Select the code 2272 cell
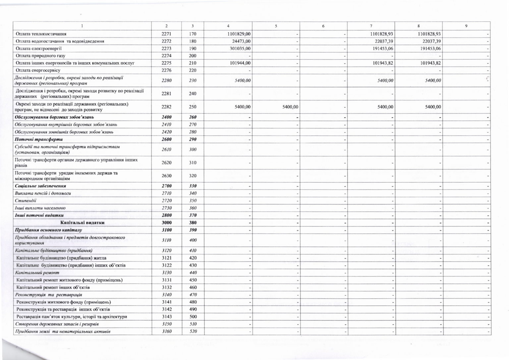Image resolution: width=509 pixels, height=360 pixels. point(166,41)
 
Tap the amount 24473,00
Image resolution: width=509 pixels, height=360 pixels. point(242,41)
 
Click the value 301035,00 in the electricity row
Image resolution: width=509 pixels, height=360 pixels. point(240,48)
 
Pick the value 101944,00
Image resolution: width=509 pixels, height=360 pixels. point(240,63)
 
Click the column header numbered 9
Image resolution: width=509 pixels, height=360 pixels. point(466,26)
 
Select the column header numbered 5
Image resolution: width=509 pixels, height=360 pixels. point(276,26)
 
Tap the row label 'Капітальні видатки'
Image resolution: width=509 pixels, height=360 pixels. point(82,223)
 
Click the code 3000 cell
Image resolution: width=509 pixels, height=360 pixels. point(166,223)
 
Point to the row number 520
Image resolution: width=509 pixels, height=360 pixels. point(193,331)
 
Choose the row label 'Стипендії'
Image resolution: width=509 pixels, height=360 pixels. point(26,200)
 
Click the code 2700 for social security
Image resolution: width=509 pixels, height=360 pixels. point(166,186)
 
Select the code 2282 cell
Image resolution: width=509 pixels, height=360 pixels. point(166,107)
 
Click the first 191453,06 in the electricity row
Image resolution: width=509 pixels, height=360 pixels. point(382,48)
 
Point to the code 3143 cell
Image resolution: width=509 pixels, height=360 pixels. point(166,317)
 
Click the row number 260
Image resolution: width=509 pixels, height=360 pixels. point(193,117)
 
